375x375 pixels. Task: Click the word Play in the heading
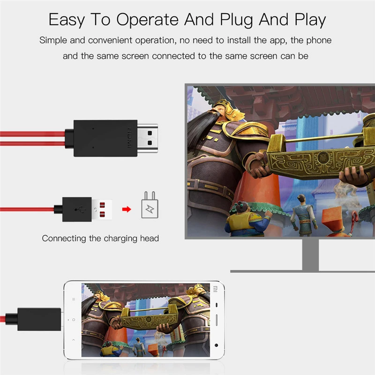pos(307,20)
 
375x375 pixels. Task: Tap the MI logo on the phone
pos(216,289)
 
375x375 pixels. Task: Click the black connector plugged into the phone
pos(39,319)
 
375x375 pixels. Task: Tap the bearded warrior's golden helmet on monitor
pos(221,108)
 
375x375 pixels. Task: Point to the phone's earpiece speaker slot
pos(216,320)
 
